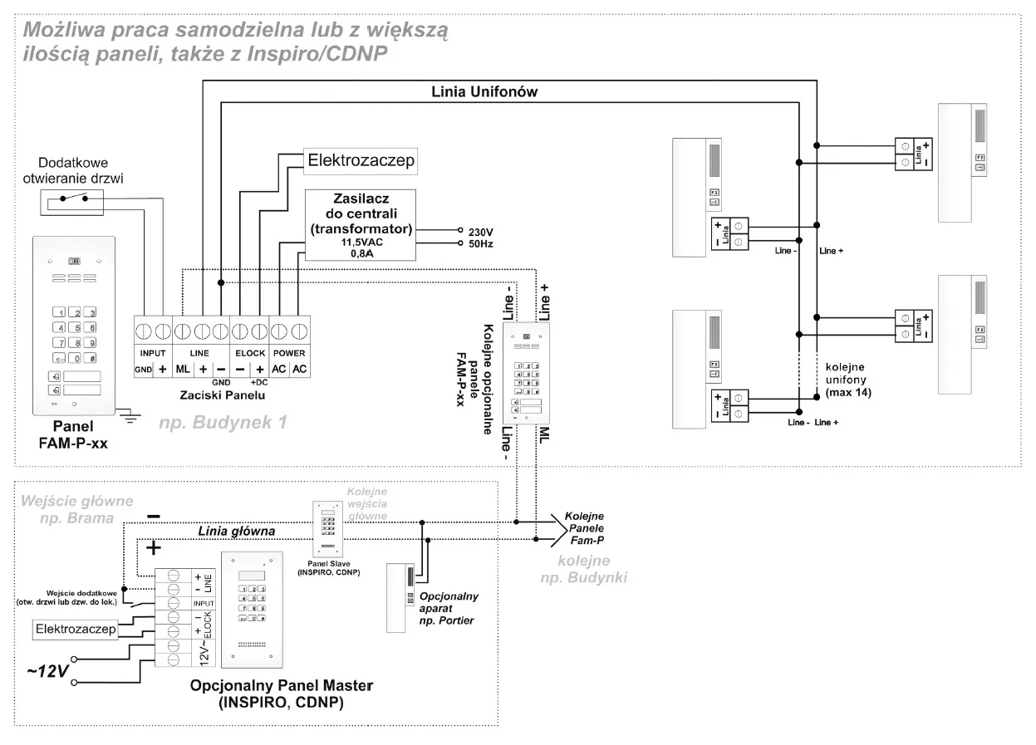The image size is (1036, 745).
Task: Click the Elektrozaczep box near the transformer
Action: point(361,160)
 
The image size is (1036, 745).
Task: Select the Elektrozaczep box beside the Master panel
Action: point(75,630)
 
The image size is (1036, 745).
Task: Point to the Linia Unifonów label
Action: point(484,93)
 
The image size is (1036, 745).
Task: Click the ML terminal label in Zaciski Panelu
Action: point(183,369)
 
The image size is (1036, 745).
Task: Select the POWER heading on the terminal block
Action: point(289,353)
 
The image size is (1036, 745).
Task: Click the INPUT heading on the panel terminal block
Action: point(153,353)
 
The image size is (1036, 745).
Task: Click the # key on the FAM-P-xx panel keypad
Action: point(92,359)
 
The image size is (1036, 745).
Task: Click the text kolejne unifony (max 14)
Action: point(848,380)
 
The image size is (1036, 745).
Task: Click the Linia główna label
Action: point(236,531)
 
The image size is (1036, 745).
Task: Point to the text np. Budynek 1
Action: point(223,422)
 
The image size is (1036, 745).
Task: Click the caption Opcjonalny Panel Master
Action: point(282,687)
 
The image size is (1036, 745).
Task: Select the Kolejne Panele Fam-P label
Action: point(585,528)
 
